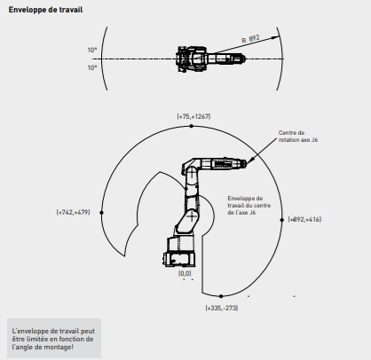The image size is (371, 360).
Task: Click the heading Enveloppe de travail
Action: [x=45, y=10]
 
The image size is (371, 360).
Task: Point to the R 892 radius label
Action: [x=250, y=39]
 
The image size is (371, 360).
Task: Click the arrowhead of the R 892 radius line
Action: [x=276, y=37]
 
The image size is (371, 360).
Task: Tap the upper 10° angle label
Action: [x=92, y=50]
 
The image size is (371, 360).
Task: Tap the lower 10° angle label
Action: [x=92, y=67]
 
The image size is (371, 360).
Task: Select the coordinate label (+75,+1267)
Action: [x=193, y=116]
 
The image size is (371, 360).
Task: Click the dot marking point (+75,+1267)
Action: [x=191, y=126]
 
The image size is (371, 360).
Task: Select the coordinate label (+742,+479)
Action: [x=73, y=212]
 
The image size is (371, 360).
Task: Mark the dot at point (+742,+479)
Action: [x=101, y=213]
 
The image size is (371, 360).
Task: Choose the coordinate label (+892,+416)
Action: [x=304, y=219]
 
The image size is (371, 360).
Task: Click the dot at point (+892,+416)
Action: [x=282, y=220]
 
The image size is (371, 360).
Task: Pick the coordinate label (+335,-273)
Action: [x=222, y=308]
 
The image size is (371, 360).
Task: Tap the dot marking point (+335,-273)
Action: [x=221, y=296]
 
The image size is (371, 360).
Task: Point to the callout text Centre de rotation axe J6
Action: [x=298, y=137]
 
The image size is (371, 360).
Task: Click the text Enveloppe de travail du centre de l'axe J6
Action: [x=249, y=206]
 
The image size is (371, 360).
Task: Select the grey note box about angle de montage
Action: [x=54, y=339]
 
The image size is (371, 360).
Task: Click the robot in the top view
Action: [x=210, y=59]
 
